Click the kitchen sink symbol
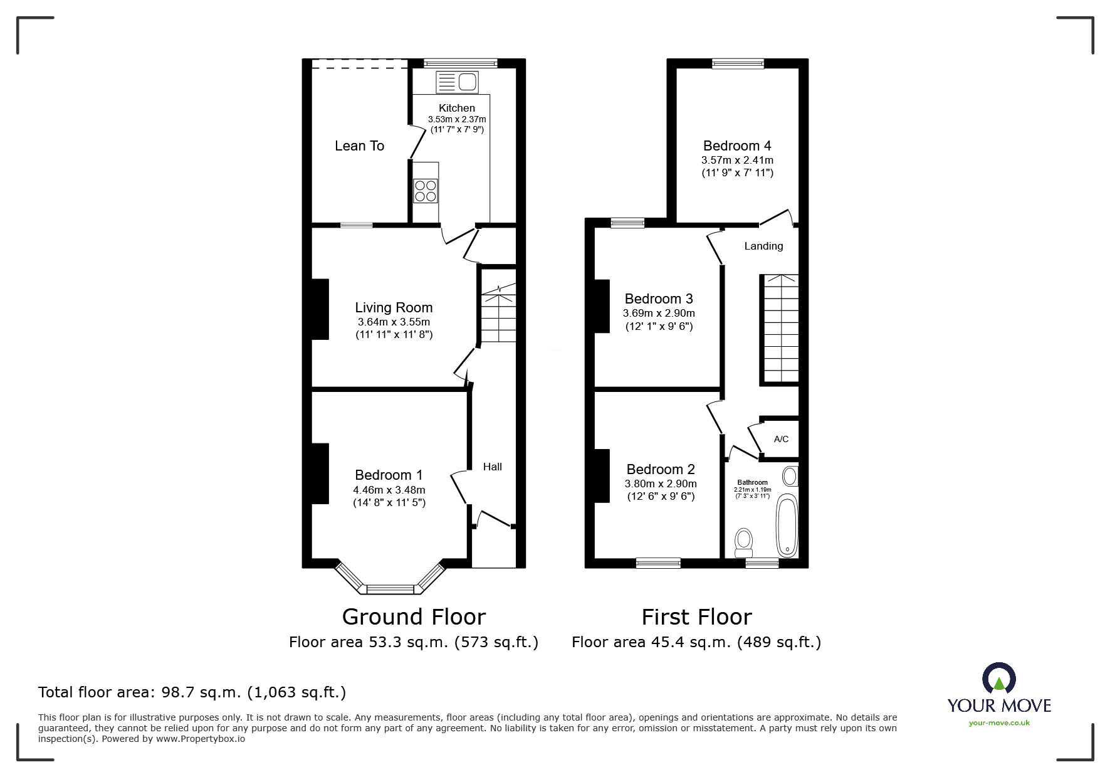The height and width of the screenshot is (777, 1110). point(457,82)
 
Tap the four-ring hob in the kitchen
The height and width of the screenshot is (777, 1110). point(426,191)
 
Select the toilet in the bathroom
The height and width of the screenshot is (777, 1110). point(743,542)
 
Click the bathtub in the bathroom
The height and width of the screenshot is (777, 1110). point(786,526)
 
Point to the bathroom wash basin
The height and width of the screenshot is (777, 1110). point(790,477)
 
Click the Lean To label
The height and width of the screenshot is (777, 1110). point(359,146)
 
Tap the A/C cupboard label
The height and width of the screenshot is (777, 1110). point(781,439)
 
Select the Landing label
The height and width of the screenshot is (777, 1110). point(763,246)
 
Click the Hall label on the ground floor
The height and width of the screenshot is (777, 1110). point(492,467)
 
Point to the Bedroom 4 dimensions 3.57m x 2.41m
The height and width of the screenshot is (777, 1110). point(737,161)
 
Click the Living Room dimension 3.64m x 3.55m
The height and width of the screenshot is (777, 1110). point(394,322)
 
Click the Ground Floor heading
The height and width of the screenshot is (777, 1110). point(414,617)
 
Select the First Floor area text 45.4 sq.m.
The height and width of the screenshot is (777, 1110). point(696,642)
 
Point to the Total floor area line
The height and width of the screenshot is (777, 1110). point(192,692)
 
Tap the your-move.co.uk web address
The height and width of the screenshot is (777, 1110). point(999,723)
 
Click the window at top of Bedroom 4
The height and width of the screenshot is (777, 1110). point(738,63)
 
